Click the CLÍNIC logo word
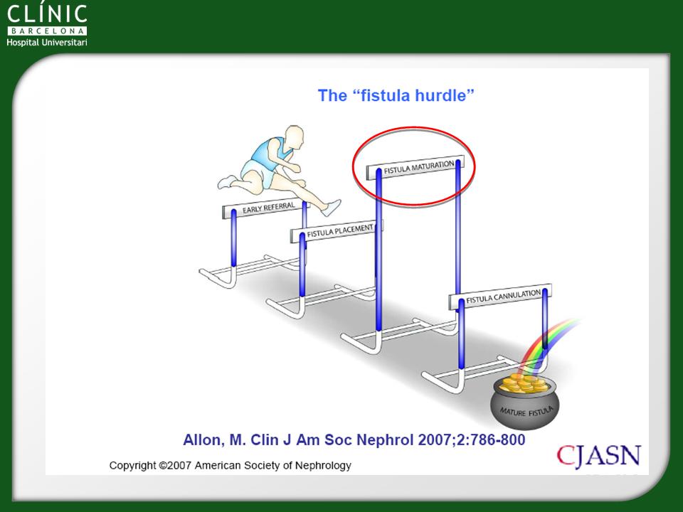click(x=47, y=14)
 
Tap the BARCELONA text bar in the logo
click(x=47, y=31)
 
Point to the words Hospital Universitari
click(x=47, y=42)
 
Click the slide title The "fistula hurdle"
click(x=396, y=95)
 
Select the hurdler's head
click(x=294, y=137)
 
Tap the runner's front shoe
click(x=332, y=208)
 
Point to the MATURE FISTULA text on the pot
click(x=526, y=411)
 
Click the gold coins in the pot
click(x=524, y=383)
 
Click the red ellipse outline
click(x=413, y=127)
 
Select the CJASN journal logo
click(x=598, y=457)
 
